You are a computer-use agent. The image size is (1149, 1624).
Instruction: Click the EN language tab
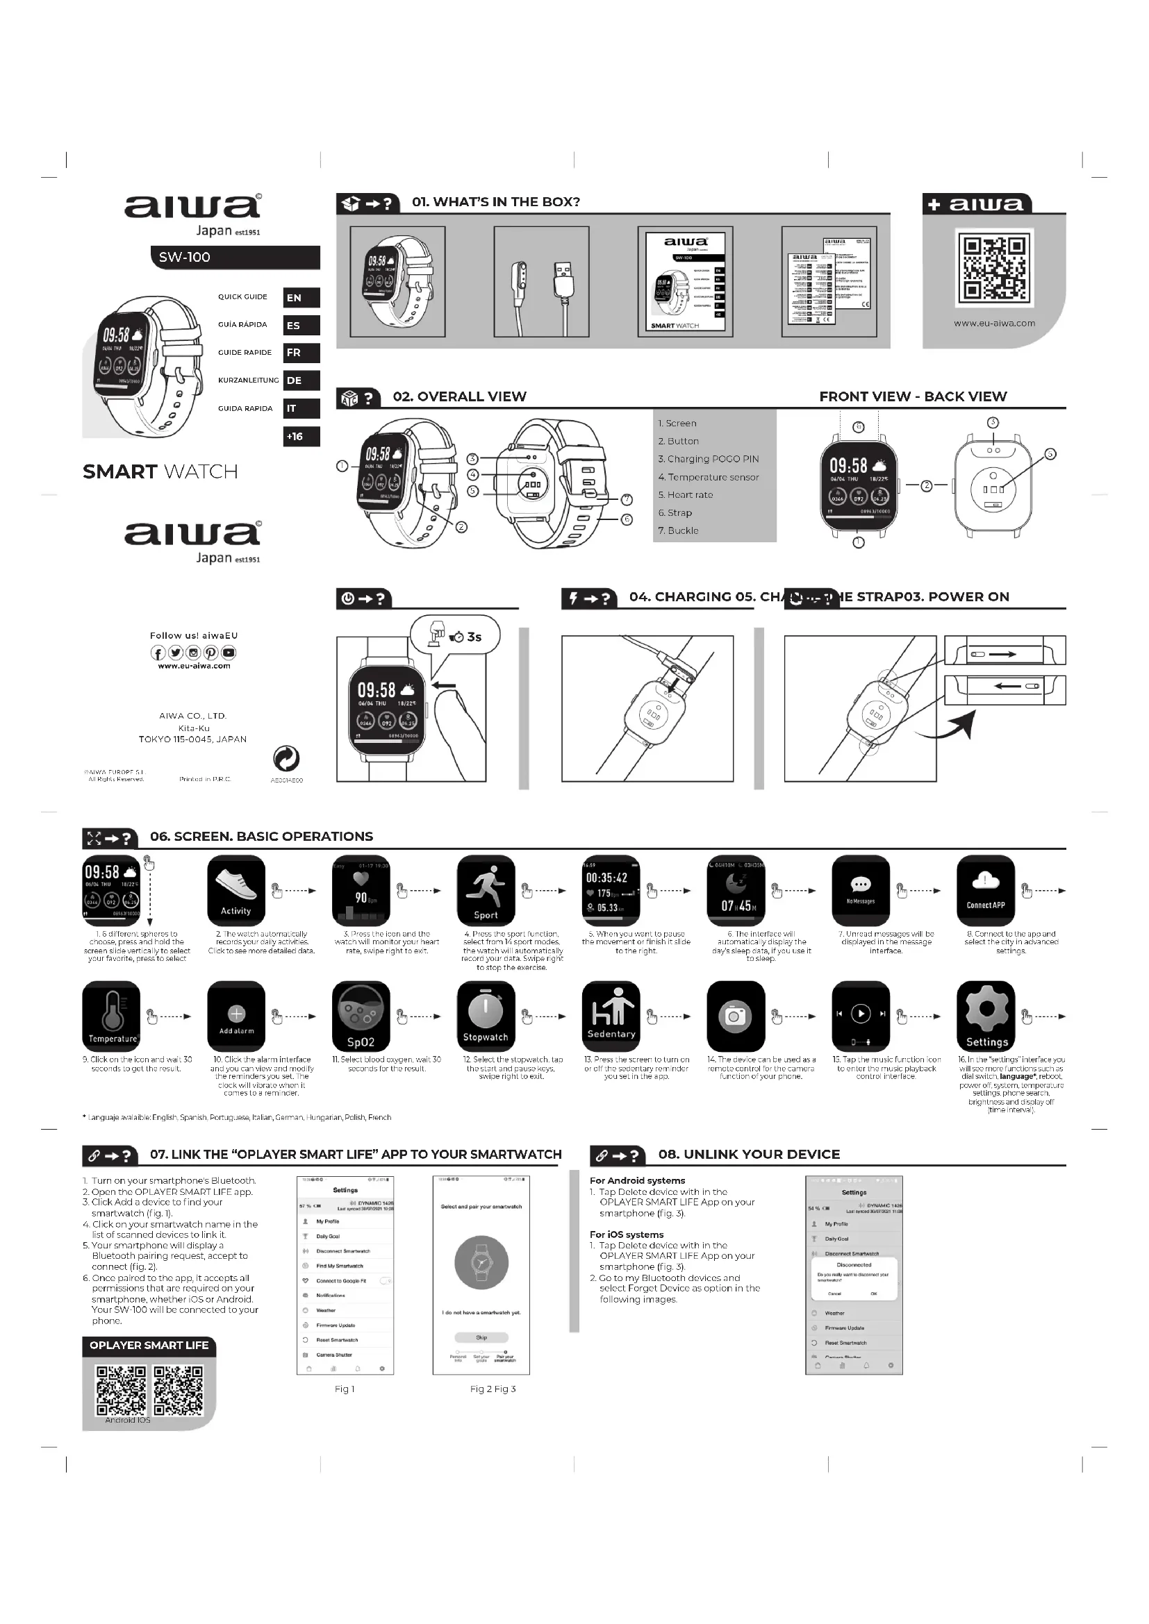tap(301, 298)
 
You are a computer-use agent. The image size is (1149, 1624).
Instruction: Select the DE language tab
tap(301, 380)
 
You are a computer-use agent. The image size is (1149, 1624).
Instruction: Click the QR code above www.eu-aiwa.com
tap(994, 268)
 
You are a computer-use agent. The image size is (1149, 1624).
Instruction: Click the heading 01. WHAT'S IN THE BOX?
tap(495, 202)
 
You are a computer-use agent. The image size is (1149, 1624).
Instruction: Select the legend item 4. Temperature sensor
tap(708, 478)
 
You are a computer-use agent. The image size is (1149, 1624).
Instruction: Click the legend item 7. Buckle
tap(679, 530)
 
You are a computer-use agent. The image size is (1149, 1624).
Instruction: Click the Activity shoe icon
tap(235, 890)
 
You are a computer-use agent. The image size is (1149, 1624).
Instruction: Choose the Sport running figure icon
tap(486, 890)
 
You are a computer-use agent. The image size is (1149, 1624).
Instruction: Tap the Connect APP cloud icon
tap(986, 890)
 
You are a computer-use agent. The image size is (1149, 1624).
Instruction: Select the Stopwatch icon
tap(486, 1016)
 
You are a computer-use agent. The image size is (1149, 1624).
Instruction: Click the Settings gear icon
tap(986, 1016)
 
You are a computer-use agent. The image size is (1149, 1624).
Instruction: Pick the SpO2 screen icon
tap(361, 1016)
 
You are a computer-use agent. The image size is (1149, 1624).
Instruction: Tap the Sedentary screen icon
tap(611, 1016)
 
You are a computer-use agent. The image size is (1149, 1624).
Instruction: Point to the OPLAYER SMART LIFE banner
tap(149, 1346)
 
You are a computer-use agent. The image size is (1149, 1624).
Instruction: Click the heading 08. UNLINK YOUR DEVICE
tap(749, 1155)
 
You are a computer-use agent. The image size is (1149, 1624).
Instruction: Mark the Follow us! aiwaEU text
tap(194, 635)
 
